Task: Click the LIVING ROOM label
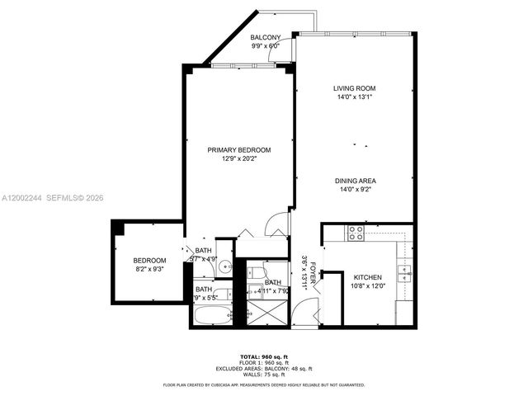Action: [x=356, y=88]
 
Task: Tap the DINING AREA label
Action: [x=356, y=181]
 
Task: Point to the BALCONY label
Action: [x=266, y=37]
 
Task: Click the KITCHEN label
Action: [x=368, y=277]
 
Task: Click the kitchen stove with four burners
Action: [x=356, y=233]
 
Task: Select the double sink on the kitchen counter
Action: [x=403, y=270]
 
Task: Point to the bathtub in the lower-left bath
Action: [x=212, y=314]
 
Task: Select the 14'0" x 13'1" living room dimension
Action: [x=356, y=97]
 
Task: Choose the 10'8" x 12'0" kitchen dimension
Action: [x=368, y=286]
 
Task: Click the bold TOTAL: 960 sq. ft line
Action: [x=264, y=357]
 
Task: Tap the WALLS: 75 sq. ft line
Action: [x=264, y=375]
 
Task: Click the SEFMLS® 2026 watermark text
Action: [x=73, y=197]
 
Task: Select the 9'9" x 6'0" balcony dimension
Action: [x=266, y=46]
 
